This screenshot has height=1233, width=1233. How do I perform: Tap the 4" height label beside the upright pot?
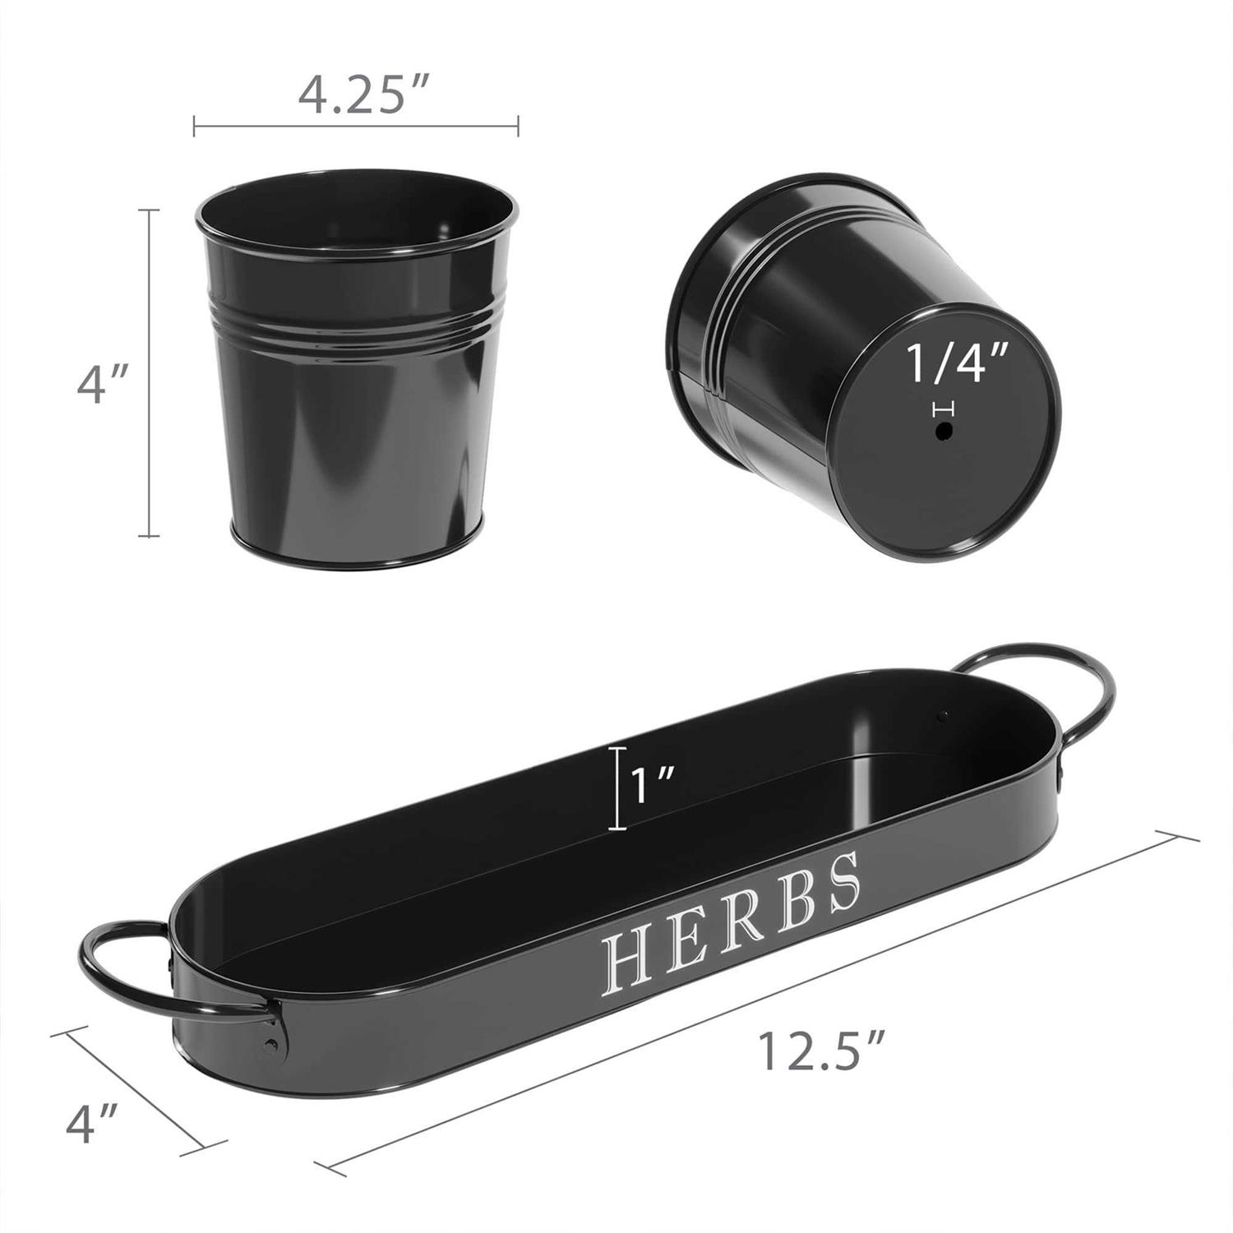pyautogui.click(x=102, y=384)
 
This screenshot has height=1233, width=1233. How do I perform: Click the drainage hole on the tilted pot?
pyautogui.click(x=944, y=431)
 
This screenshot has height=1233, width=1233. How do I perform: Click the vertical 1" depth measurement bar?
pyautogui.click(x=618, y=788)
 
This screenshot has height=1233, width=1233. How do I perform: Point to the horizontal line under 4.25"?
pyautogui.click(x=355, y=126)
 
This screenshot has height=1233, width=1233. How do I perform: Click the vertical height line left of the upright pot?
pyautogui.click(x=148, y=373)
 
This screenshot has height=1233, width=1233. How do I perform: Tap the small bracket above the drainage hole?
pyautogui.click(x=944, y=409)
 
